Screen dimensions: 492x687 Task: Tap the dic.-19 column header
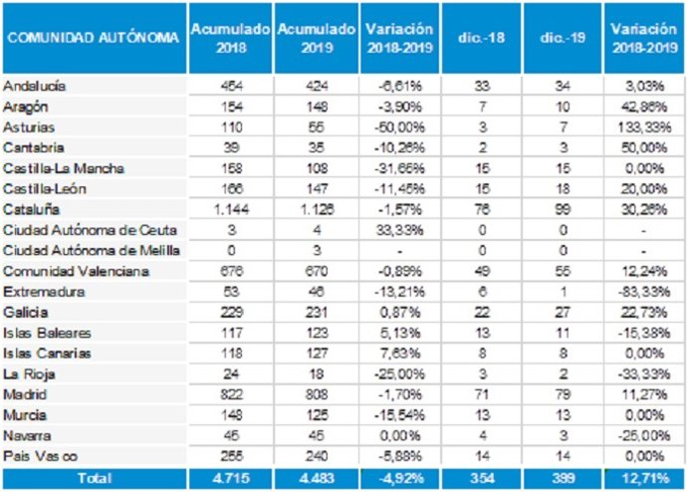560,38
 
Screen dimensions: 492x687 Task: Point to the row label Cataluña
31,210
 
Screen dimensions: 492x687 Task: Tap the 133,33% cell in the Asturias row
643,128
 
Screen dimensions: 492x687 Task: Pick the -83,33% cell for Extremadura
643,292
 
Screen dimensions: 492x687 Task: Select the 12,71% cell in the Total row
643,479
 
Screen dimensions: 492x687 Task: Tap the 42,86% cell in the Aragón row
643,108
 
